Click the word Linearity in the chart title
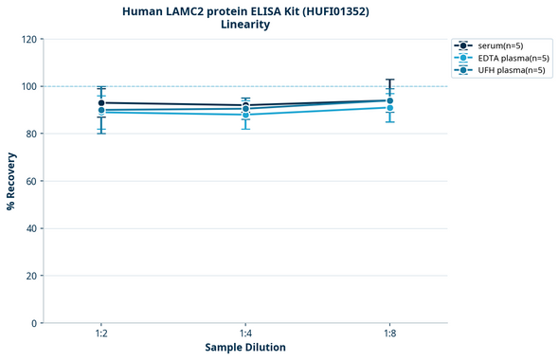(x=244, y=25)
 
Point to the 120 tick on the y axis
(x=29, y=39)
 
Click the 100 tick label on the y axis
(x=29, y=86)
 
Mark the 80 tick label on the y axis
(x=32, y=134)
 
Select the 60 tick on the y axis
(x=32, y=181)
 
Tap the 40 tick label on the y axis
(x=32, y=228)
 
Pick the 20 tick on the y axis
(x=32, y=276)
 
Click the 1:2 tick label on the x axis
(x=101, y=334)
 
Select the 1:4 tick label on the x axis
(x=245, y=334)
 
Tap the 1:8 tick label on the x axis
(x=389, y=334)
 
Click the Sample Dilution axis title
(x=245, y=348)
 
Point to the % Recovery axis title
(x=11, y=180)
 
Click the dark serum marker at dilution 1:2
(x=101, y=102)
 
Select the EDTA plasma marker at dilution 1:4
(x=245, y=115)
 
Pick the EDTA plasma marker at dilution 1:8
(x=389, y=108)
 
